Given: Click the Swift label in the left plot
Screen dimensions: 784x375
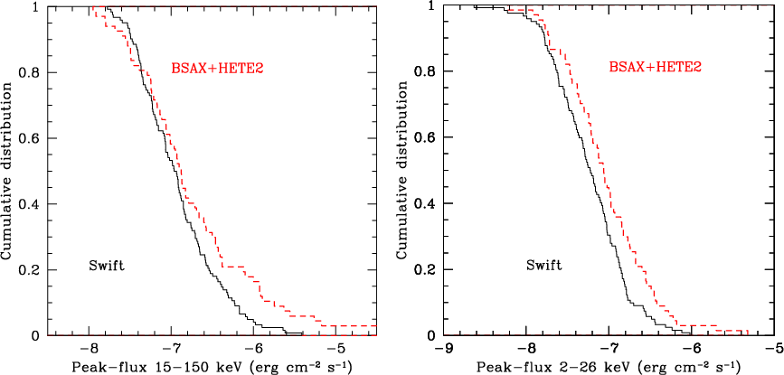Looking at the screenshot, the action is (106, 265).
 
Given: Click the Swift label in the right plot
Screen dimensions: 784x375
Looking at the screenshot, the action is (543, 265).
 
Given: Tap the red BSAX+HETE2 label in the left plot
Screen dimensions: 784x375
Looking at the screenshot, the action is (218, 70).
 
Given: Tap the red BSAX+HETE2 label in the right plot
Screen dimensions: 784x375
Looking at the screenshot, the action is (655, 69).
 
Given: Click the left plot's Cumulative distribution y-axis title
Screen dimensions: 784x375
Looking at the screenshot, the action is (7, 171).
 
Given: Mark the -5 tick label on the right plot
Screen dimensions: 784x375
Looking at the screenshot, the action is (771, 348).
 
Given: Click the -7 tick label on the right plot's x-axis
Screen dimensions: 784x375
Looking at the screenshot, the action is (606, 348).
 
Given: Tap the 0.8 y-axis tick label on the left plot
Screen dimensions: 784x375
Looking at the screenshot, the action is (31, 73).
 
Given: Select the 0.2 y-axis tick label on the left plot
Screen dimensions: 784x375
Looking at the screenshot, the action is (31, 270).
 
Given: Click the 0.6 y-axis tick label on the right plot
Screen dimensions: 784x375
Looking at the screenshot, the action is (427, 138).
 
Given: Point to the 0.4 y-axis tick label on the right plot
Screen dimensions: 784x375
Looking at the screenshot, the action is (427, 203).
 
